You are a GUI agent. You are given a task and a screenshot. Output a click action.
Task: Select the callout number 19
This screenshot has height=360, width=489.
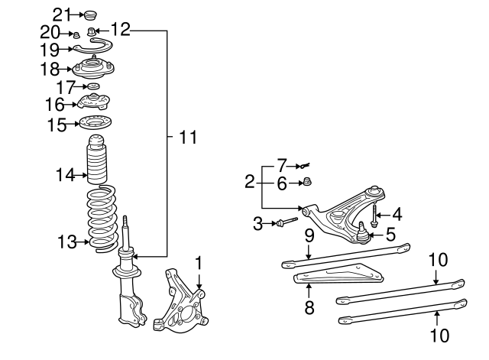49,50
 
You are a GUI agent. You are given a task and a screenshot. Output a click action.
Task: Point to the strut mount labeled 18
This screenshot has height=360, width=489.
92,68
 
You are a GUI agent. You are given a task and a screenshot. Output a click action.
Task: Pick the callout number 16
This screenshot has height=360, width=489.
54,104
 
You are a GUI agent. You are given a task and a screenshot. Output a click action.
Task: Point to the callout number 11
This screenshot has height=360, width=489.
187,138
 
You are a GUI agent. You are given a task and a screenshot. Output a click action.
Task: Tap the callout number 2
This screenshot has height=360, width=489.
249,182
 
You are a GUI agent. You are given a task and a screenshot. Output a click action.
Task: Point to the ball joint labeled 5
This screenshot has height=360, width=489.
364,230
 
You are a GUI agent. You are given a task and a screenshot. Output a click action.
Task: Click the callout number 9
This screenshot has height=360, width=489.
308,236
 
